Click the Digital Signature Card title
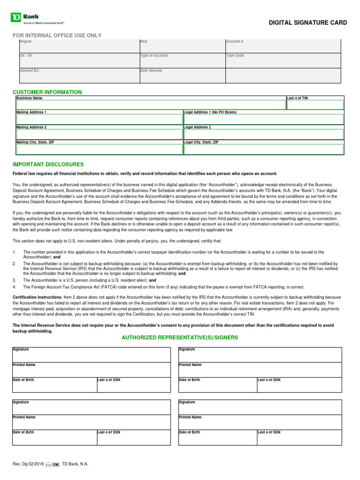tap(307, 22)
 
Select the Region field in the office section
tap(79, 46)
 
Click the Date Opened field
tap(182, 76)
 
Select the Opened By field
tap(79, 76)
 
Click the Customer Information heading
tap(47, 92)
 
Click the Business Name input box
tap(150, 105)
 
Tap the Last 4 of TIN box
tap(315, 105)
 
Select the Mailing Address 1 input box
tap(99, 120)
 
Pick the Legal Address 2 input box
tap(263, 135)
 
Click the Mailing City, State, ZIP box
tap(99, 150)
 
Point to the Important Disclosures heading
tap(48, 165)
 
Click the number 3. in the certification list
tap(14, 280)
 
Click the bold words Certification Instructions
tap(37, 297)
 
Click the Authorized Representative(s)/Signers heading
tap(180, 337)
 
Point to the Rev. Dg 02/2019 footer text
tap(28, 464)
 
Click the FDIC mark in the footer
tap(55, 464)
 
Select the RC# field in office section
tap(182, 46)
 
